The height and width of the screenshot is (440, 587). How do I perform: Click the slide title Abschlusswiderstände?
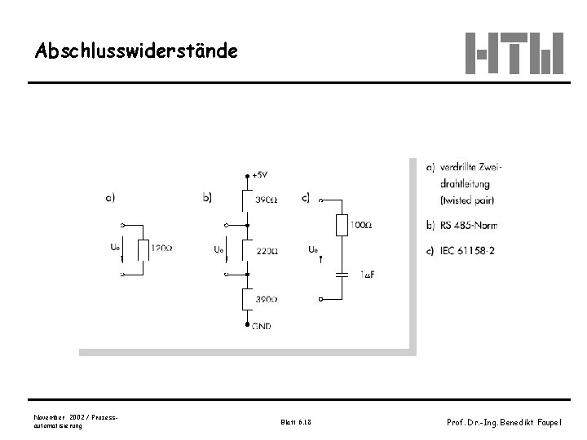coord(137,51)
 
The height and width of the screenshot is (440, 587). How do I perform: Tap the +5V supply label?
coord(260,174)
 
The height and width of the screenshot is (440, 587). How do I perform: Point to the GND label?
coord(261,326)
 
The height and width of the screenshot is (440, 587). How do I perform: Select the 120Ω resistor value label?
coord(161,248)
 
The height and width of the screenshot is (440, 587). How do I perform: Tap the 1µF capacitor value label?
coord(367,275)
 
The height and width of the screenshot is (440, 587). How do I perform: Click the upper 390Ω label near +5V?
coord(266,200)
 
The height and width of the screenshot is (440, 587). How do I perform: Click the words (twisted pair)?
coord(467,200)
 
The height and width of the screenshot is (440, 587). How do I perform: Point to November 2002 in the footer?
coord(62,416)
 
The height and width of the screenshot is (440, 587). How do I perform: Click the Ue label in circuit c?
coord(314,249)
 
